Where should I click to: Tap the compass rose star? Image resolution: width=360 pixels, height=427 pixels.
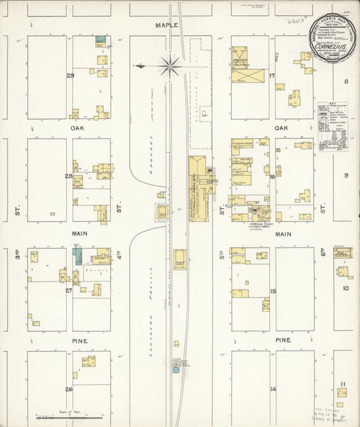coord(171,66)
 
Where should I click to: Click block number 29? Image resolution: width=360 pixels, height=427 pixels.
coord(70,76)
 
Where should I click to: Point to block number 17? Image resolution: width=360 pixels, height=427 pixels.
coord(272,76)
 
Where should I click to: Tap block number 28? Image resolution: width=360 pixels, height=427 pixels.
coord(69,176)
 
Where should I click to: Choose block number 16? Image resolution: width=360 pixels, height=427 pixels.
coord(272,176)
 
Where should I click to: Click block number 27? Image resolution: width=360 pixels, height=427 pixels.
coord(69,291)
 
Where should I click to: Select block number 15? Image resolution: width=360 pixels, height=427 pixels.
coord(273,291)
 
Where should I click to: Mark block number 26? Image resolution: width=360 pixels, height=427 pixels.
coord(69,390)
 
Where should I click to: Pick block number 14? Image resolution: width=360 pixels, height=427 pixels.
coord(273,390)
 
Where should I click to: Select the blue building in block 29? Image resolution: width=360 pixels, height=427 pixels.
coord(101,41)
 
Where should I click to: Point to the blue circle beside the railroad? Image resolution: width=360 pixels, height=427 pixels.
coord(175,370)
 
